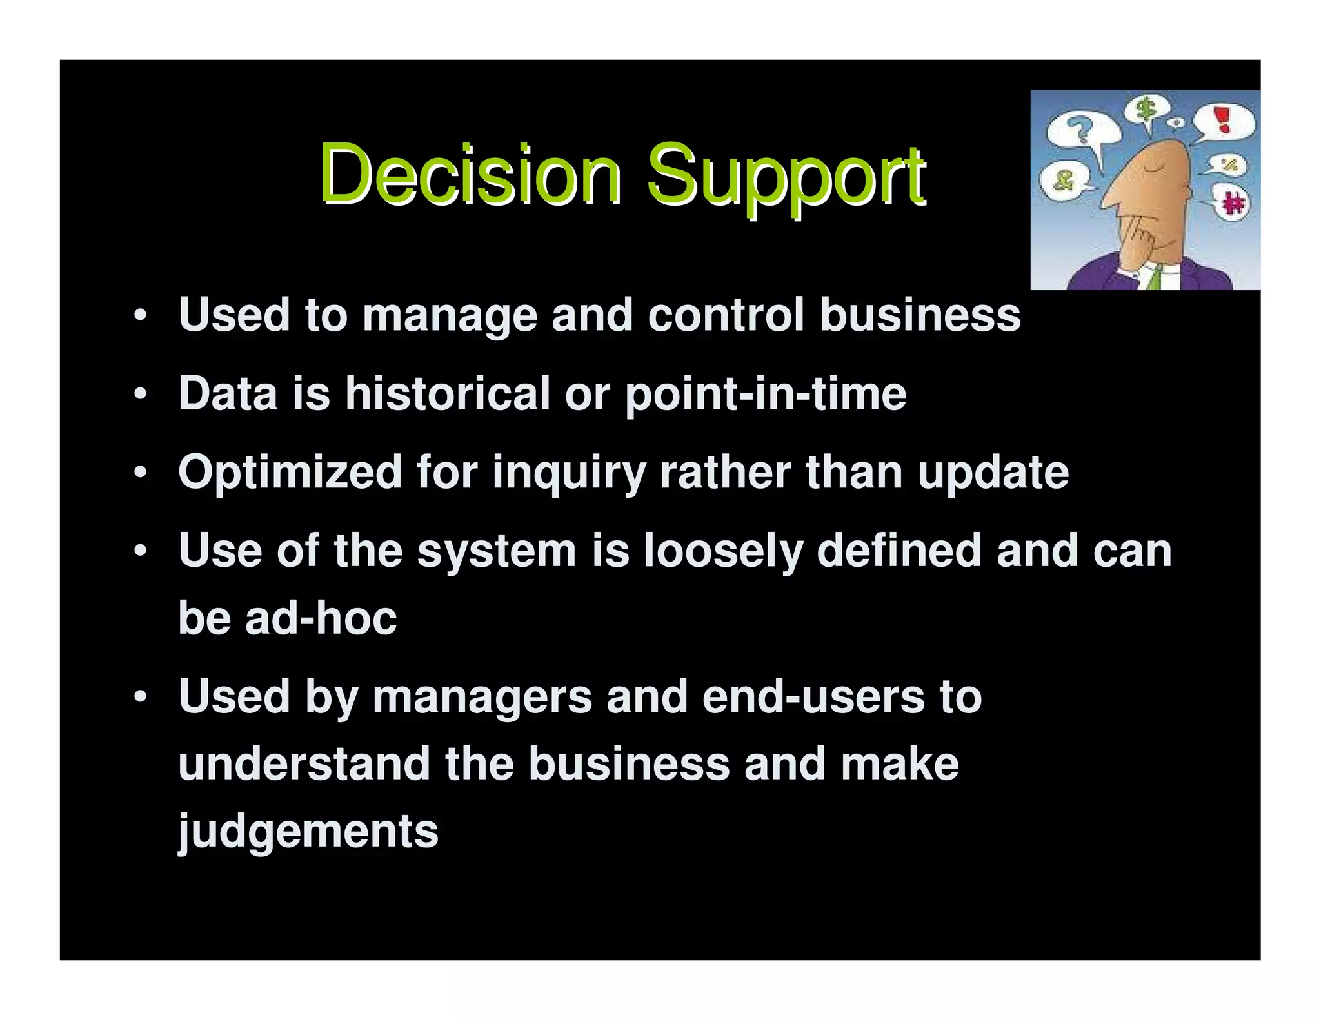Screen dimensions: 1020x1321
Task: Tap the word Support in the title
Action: point(786,175)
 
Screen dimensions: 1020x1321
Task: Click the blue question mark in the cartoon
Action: point(1082,130)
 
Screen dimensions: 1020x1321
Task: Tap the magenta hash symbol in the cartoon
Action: point(1233,204)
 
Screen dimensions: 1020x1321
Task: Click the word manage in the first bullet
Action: point(450,316)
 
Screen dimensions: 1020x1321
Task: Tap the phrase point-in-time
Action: point(766,395)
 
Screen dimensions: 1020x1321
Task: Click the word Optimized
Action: point(290,473)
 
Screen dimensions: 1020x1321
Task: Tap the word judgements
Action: point(308,832)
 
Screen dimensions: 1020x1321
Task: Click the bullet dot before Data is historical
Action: point(141,394)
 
